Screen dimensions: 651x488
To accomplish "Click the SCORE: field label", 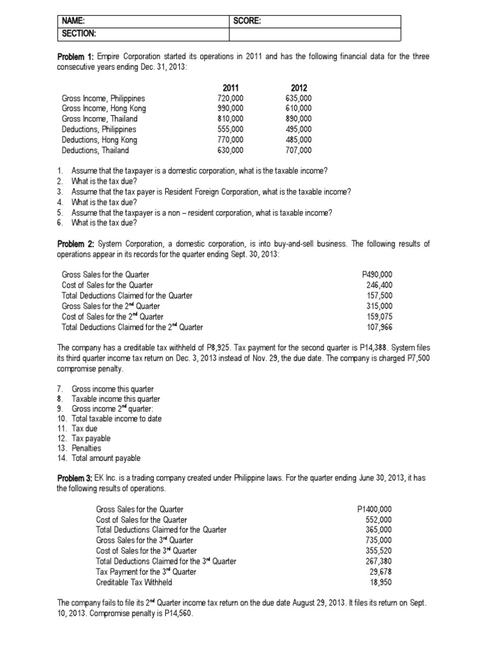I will pos(248,21).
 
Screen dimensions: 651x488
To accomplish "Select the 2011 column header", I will pos(231,88).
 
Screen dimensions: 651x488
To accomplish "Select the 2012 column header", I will pos(299,88).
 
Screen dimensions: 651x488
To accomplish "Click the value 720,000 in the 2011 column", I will pos(230,99).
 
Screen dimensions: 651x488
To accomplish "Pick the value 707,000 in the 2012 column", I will pos(299,151).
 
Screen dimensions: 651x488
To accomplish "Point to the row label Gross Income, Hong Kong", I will pos(104,109).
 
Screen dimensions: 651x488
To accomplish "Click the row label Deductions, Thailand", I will pos(95,151).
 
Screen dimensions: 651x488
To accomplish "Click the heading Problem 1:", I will pos(76,57).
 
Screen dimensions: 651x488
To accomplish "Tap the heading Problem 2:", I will pos(76,243).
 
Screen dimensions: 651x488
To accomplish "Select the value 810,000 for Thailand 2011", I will pos(230,119).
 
